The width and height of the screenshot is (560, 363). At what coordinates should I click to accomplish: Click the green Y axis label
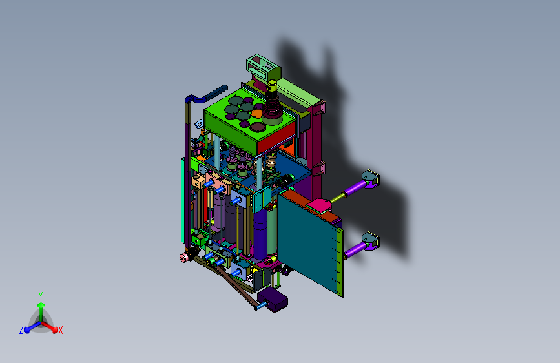[x=41, y=295]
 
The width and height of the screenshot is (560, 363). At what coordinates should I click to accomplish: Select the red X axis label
[x=60, y=331]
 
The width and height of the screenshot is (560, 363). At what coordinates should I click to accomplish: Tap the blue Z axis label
[x=21, y=330]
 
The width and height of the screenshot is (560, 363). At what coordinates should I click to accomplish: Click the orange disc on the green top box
[x=256, y=114]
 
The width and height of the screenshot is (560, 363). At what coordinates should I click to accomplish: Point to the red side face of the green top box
[x=276, y=139]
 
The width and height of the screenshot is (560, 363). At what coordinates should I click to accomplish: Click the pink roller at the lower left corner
[x=184, y=257]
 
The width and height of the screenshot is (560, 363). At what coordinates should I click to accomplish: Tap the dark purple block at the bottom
[x=273, y=300]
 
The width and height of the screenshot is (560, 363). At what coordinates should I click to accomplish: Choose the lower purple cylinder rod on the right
[x=355, y=249]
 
